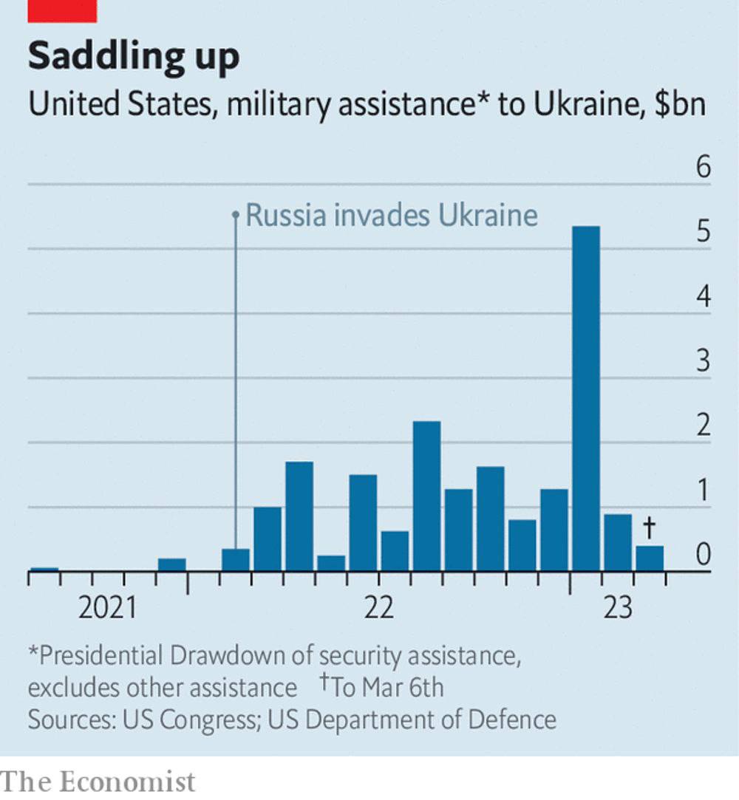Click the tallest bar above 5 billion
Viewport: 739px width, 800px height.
pos(586,399)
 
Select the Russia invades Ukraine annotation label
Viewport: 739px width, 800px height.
pos(391,216)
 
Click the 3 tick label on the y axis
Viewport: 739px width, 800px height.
pos(703,362)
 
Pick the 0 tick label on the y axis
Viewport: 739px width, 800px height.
pos(703,555)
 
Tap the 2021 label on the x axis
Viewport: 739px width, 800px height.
pos(108,608)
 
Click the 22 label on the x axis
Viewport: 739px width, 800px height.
pos(378,608)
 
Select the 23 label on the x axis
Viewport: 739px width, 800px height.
pos(618,608)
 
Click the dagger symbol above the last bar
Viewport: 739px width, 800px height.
pos(650,527)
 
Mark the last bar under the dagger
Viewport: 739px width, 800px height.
pos(650,558)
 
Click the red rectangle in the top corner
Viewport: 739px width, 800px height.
pos(62,10)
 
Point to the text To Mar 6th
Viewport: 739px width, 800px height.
pos(386,687)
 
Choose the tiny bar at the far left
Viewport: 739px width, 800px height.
pos(44,569)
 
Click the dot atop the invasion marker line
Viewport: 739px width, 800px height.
pos(235,215)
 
